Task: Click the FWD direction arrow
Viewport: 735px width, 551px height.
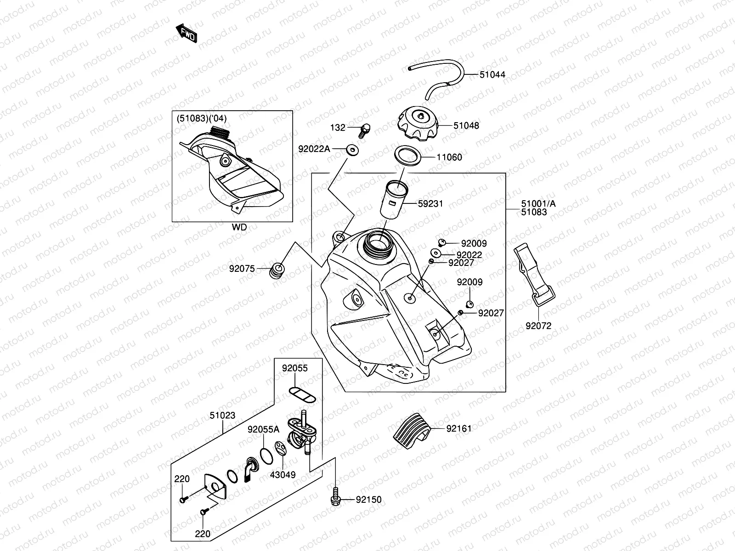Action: (187, 34)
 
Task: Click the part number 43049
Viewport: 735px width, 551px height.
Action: (283, 475)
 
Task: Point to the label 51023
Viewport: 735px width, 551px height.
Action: (223, 416)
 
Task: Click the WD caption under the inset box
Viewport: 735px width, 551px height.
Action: (239, 227)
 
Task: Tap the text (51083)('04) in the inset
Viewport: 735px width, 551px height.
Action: (202, 118)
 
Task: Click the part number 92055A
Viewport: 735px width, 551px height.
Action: (263, 429)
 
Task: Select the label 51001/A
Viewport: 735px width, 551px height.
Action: (538, 204)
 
